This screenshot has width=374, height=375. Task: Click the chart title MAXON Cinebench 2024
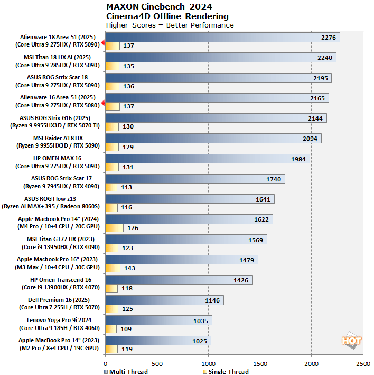point(160,7)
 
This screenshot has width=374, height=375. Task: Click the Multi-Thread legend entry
point(126,371)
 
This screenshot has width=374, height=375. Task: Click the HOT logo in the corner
point(351,341)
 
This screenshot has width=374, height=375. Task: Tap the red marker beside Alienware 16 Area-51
point(103,103)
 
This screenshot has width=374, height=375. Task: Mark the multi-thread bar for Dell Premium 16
point(164,300)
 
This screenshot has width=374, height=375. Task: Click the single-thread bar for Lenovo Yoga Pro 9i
point(111,329)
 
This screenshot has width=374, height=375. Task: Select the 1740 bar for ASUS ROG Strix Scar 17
point(195,179)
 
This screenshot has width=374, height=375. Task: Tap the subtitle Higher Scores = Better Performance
point(170,25)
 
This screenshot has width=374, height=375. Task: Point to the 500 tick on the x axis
point(157,364)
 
